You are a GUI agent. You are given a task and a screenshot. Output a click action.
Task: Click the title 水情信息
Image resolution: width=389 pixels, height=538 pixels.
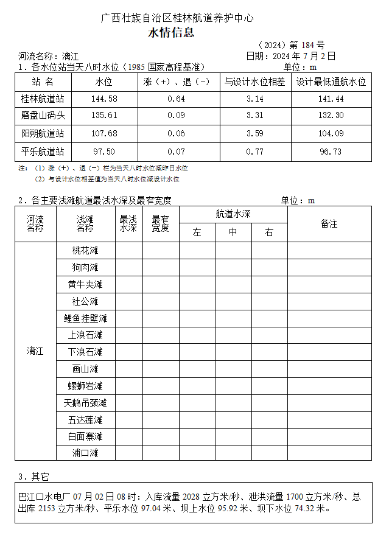click(171, 33)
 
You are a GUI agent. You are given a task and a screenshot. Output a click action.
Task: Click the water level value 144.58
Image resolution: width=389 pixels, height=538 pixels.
click(104, 99)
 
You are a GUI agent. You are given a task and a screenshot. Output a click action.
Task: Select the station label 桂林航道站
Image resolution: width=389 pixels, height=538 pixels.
click(43, 99)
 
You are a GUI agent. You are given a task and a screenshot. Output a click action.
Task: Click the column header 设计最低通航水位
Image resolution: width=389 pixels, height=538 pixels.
click(331, 82)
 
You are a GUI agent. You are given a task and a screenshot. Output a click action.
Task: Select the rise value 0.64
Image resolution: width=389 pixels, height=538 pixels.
click(176, 99)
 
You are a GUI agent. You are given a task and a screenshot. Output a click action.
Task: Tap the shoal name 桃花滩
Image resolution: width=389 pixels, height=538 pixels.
click(85, 250)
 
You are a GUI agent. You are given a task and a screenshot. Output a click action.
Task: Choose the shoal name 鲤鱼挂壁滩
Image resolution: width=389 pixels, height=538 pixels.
click(85, 318)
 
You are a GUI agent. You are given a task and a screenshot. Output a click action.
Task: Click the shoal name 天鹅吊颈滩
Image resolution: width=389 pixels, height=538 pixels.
click(85, 403)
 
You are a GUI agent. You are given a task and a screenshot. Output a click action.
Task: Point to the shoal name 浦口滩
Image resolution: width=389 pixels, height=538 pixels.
click(85, 453)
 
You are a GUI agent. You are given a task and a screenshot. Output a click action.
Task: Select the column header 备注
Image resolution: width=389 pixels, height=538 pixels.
click(329, 224)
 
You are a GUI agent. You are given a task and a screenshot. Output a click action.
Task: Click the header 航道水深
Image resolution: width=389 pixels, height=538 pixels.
click(233, 214)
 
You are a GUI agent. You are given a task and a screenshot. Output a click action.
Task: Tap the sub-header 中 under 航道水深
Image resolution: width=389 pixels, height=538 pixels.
click(233, 232)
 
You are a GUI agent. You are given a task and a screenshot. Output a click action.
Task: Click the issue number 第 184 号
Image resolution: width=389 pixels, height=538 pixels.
click(307, 45)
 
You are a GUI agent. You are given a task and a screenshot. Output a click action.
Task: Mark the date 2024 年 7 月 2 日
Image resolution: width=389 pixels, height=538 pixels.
click(304, 56)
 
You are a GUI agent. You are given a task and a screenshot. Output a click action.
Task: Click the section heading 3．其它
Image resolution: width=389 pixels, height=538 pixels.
click(33, 476)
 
